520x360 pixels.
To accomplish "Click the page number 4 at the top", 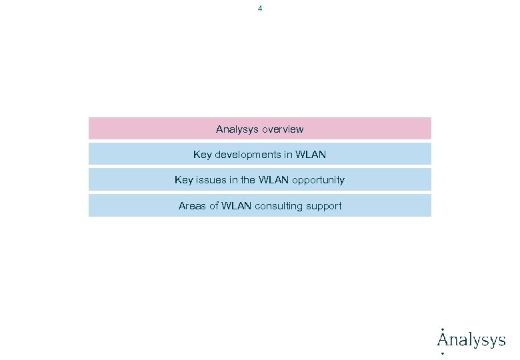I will [x=260, y=9].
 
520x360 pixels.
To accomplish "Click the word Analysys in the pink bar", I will [x=237, y=129].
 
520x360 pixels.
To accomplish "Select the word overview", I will [x=283, y=129].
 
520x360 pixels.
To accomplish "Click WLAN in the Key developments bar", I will [x=311, y=155].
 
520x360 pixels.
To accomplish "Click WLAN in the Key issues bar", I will [x=273, y=180].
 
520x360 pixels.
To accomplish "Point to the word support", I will [x=324, y=207].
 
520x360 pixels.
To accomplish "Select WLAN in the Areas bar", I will [x=237, y=206].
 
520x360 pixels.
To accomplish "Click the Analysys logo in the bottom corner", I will [x=471, y=340].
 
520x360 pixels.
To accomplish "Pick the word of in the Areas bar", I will [x=214, y=206].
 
